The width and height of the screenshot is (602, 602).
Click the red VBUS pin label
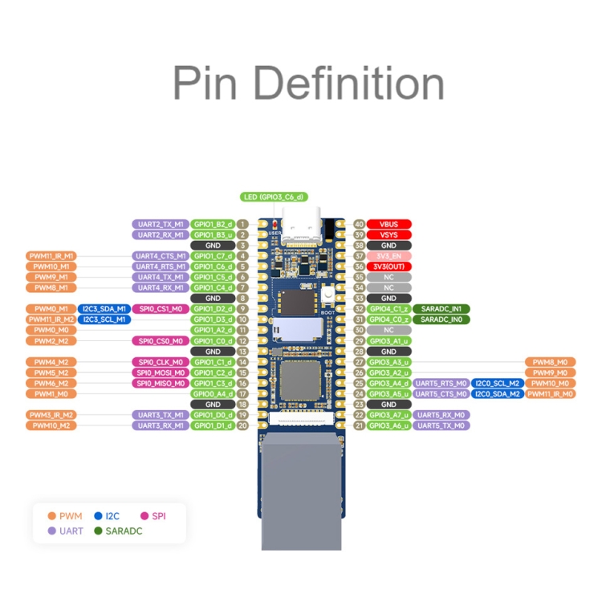tap(389, 225)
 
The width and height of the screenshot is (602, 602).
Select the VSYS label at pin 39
tap(389, 235)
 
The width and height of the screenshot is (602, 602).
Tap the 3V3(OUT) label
tap(389, 266)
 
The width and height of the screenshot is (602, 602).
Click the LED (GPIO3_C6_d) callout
tap(273, 197)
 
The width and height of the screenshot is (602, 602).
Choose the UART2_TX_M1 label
tap(160, 225)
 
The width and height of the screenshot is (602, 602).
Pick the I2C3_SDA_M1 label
tap(104, 309)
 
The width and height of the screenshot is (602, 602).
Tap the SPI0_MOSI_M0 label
tap(160, 372)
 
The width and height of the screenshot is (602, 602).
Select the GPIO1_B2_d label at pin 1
tap(214, 225)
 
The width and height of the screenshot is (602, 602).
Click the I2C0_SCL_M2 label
tap(497, 383)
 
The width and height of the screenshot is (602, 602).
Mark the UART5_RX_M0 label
tap(441, 415)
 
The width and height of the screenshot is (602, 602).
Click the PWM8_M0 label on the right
tap(550, 362)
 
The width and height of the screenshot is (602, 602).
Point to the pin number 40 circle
tap(359, 225)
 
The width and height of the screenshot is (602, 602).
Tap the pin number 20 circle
tap(242, 425)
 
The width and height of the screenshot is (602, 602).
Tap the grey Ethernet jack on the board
tap(301, 490)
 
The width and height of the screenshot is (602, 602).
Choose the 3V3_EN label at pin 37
tap(389, 256)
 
